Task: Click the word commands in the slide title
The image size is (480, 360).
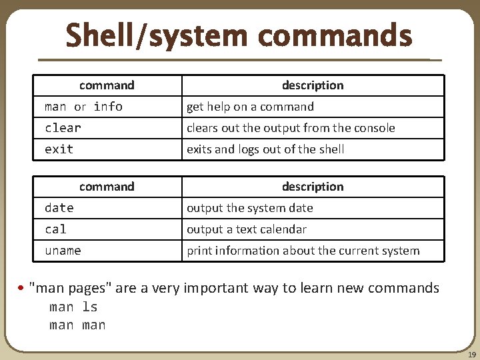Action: (335, 35)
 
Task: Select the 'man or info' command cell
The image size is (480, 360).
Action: (83, 107)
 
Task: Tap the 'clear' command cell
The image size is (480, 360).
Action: (63, 128)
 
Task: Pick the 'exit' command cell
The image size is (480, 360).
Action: (59, 149)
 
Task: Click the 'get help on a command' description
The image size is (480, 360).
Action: (250, 107)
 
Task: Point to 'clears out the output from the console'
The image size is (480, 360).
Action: (291, 128)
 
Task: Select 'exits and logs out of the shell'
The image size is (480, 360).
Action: (265, 149)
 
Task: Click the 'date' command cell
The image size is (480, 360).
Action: (59, 208)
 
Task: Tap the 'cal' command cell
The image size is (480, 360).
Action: (55, 229)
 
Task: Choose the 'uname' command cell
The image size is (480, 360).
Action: (63, 251)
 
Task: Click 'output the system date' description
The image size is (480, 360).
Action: (249, 208)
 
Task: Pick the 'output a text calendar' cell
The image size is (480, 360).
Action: (247, 229)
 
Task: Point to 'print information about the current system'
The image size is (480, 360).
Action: (303, 251)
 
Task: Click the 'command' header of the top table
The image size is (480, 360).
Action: (107, 85)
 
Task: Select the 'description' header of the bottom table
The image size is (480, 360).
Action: (313, 187)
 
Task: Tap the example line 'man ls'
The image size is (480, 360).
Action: (73, 307)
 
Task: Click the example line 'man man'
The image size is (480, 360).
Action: (77, 325)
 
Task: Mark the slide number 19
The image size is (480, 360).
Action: (471, 355)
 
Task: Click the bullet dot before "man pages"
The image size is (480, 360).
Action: (22, 289)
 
